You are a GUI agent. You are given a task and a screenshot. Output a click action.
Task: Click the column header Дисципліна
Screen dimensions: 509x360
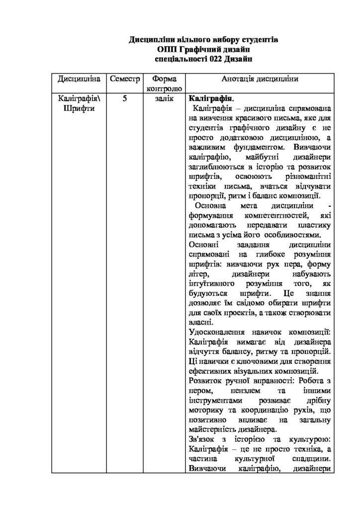[80, 80]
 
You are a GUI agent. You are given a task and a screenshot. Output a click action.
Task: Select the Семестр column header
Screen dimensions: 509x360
[124, 80]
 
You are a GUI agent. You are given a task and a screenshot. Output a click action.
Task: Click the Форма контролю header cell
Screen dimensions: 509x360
[161, 84]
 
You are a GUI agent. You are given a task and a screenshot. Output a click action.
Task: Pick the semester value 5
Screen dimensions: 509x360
[124, 98]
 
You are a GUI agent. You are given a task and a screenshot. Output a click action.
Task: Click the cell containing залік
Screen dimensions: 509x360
[161, 98]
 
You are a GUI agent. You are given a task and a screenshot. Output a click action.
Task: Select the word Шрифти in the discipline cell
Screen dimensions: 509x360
[80, 108]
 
